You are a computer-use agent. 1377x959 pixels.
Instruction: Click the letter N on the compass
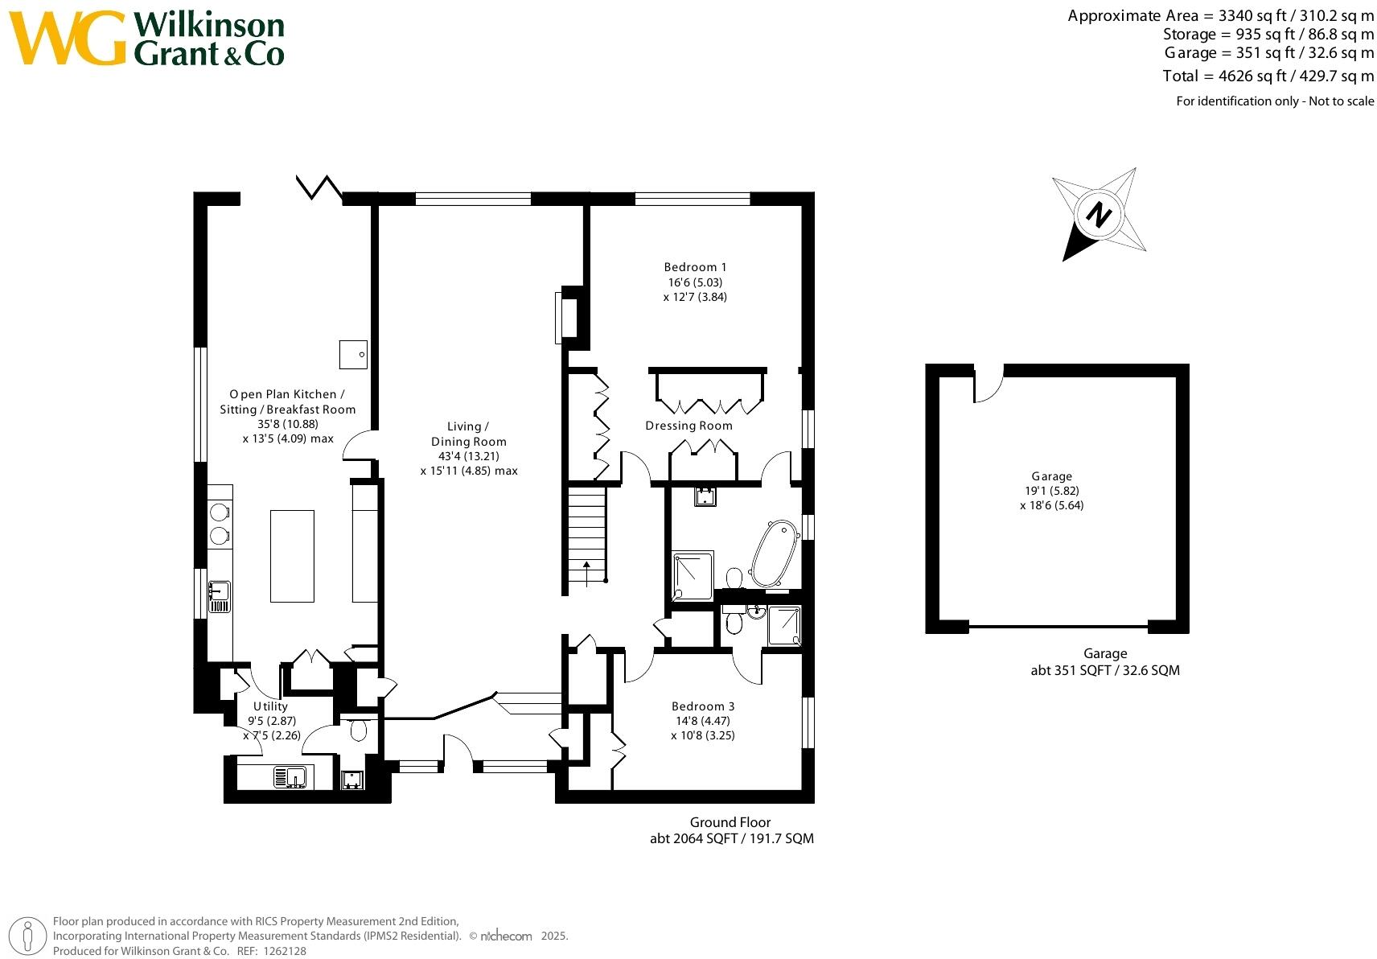pos(1099,215)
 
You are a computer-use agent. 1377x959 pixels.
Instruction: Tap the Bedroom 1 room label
pos(695,267)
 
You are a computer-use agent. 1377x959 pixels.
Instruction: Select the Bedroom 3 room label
pos(703,706)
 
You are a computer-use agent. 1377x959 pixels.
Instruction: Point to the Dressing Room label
pos(688,426)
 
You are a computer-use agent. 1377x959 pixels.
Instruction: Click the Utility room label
pos(270,706)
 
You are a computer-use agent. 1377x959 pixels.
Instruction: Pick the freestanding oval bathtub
pos(775,554)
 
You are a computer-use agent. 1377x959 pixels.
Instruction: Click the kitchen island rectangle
pos(292,556)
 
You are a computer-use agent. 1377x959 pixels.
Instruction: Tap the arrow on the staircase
pos(586,573)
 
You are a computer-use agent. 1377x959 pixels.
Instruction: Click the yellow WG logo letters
pos(67,38)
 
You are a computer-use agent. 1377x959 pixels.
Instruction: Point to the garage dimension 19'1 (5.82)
pos(1051,491)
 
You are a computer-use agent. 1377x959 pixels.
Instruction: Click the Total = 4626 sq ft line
pos(1268,76)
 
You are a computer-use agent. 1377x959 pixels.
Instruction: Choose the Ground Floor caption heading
pos(730,822)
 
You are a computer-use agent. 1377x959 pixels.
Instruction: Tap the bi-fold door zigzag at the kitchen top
pos(319,187)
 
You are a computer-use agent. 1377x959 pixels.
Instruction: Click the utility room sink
pos(290,777)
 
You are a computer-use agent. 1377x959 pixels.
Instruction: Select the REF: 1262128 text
pos(271,951)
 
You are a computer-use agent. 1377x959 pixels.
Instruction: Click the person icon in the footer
pos(27,936)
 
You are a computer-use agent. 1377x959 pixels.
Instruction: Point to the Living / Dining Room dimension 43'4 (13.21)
pos(468,456)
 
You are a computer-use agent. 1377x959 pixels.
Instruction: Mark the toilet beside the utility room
pos(358,729)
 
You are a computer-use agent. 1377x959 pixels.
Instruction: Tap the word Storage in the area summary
pos(1190,35)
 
